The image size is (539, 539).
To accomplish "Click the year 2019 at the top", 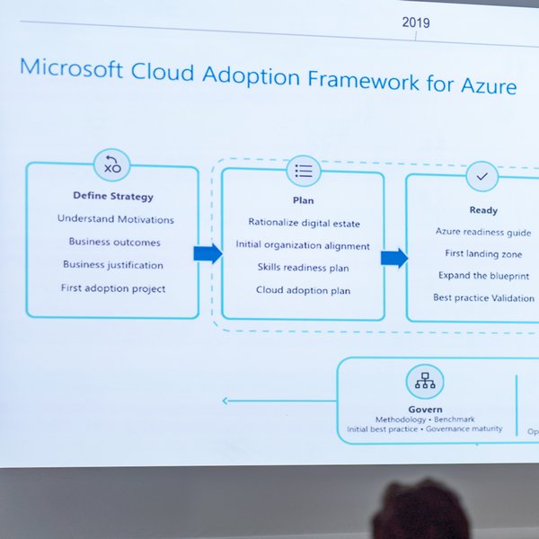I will [415, 22].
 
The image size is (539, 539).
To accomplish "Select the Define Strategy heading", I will [113, 196].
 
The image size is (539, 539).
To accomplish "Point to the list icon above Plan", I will [304, 171].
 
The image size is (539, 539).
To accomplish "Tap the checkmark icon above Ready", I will [482, 177].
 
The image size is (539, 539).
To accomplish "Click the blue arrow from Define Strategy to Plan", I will [208, 253].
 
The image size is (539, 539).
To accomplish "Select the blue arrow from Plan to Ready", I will [393, 259].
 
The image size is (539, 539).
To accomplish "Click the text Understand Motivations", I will [116, 219].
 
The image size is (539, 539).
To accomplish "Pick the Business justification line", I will [113, 265].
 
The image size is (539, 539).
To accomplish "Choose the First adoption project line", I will [113, 288].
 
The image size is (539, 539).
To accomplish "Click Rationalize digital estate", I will [303, 222].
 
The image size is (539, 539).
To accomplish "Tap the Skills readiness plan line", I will [303, 268].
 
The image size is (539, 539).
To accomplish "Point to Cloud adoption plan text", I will [303, 291].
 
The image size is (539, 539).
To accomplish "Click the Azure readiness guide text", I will [483, 232].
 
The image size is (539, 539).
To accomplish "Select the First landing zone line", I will [483, 254].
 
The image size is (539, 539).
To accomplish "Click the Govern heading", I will [425, 410].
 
